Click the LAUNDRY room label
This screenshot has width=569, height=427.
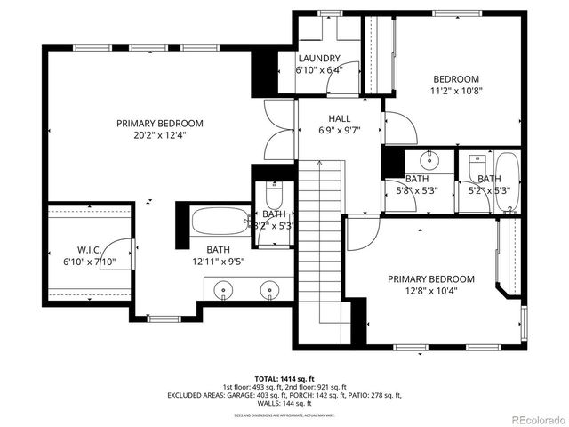[x=317, y=59]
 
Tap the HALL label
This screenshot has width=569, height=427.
[x=338, y=117]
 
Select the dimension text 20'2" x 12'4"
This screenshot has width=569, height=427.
[x=160, y=136]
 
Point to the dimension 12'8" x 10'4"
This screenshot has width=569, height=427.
[x=430, y=292]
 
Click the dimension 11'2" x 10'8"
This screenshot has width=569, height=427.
[x=456, y=91]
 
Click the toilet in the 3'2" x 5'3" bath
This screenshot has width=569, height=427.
[x=273, y=196]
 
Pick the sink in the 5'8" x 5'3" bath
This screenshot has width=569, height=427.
[x=429, y=161]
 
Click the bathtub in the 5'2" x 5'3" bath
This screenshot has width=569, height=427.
[x=507, y=182]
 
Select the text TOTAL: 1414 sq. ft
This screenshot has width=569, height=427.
[x=284, y=378]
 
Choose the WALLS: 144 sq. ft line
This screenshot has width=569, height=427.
[x=284, y=403]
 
